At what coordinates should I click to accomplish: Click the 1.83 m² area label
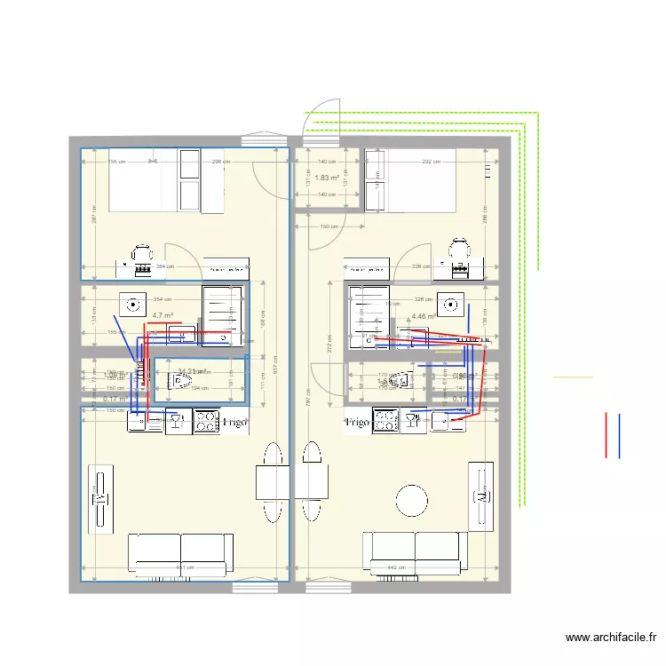coord(327,178)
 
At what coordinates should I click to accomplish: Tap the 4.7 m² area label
coord(162,315)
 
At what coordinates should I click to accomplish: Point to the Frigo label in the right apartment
coord(357,423)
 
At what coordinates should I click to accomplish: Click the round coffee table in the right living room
coord(413,500)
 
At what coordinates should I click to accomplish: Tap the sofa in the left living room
coord(180,552)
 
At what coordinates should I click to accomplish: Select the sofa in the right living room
coord(416,551)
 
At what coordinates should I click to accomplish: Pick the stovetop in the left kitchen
coord(207,420)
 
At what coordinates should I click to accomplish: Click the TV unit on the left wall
coord(99,498)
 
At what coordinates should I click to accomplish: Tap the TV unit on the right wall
coord(480,496)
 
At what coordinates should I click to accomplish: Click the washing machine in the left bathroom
coord(135,305)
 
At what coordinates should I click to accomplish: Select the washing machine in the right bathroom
coord(456,305)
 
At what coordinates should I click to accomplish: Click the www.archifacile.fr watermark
coord(612,637)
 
